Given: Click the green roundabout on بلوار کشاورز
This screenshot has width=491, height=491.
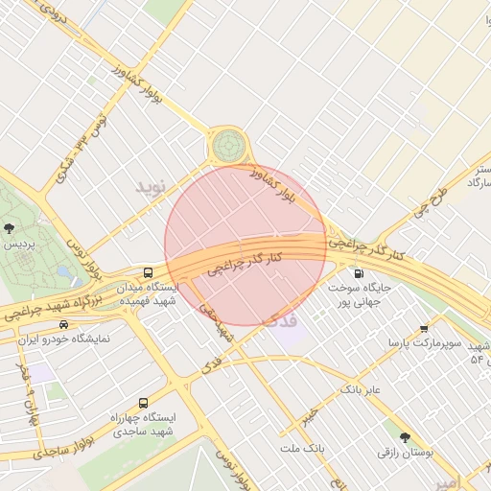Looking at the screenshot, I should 228,146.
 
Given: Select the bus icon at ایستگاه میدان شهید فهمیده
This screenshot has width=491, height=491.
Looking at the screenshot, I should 148,272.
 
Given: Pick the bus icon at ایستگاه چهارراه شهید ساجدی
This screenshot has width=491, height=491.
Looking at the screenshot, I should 144,403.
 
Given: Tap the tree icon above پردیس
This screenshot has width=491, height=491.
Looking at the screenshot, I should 10,228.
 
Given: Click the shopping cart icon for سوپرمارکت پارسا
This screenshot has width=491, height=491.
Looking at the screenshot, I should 423,329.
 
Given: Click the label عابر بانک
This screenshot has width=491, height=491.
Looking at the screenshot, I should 360,390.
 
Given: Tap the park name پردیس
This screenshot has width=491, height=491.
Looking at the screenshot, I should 21,245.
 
